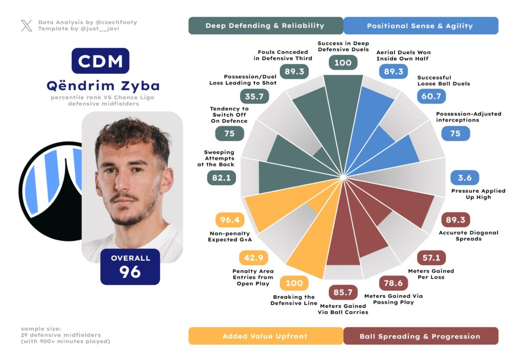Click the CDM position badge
(x=100, y=61)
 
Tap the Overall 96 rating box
(x=130, y=266)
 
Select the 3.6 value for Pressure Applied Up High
(x=465, y=178)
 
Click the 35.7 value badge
(x=254, y=96)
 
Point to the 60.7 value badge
(x=431, y=96)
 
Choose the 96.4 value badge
(x=230, y=220)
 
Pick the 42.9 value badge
(x=254, y=258)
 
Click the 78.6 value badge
(x=394, y=283)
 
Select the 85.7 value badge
(x=343, y=292)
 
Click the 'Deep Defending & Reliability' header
(x=265, y=26)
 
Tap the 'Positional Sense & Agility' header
(x=420, y=26)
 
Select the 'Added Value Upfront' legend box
(x=265, y=336)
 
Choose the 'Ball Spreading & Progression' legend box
(x=420, y=336)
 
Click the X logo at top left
(x=27, y=26)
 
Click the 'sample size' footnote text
(x=65, y=334)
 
